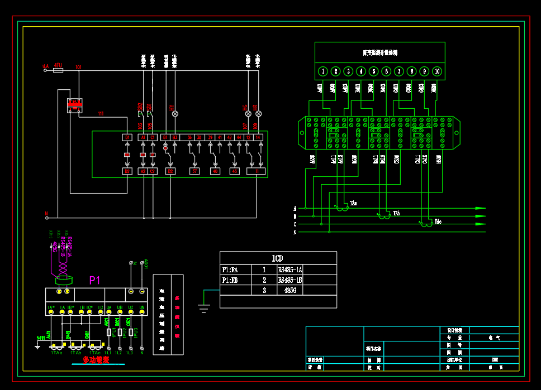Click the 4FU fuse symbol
[x=58, y=70]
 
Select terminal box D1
[x=127, y=137]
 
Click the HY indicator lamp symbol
[x=174, y=114]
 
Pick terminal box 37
[x=194, y=171]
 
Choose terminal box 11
[x=256, y=171]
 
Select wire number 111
[x=101, y=114]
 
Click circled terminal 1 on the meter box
[x=323, y=71]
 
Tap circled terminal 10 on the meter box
[x=437, y=71]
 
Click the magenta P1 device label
[x=95, y=280]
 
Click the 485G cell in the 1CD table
[x=290, y=290]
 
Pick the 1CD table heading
[x=277, y=258]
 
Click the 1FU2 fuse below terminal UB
[x=120, y=332]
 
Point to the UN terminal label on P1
[x=142, y=307]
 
